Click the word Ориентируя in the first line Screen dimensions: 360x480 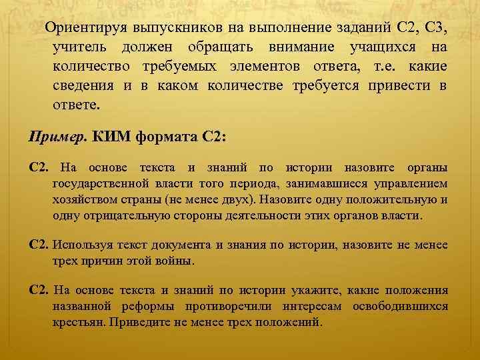pyautogui.click(x=78, y=29)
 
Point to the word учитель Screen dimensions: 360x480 pyautogui.click(x=78, y=48)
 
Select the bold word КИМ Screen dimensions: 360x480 pyautogui.click(x=111, y=137)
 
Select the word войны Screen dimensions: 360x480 pyautogui.click(x=175, y=261)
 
